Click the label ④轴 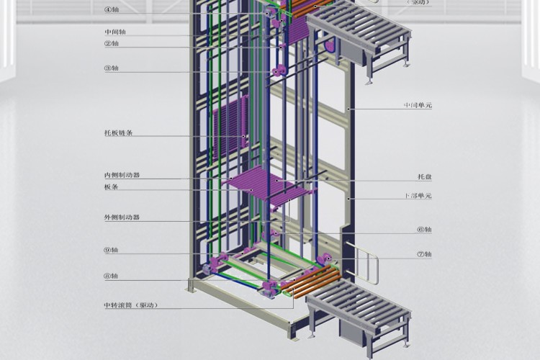pyautogui.click(x=112, y=10)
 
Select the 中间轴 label pyautogui.click(x=114, y=32)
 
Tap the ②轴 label pyautogui.click(x=112, y=43)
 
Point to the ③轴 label pyautogui.click(x=112, y=68)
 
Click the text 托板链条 pyautogui.click(x=118, y=133)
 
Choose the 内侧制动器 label pyautogui.click(x=122, y=175)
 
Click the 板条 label pyautogui.click(x=111, y=186)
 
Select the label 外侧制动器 pyautogui.click(x=122, y=217)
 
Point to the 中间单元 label pyautogui.click(x=418, y=106)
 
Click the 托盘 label pyautogui.click(x=425, y=176)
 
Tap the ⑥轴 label pyautogui.click(x=425, y=230)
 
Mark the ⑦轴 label pyautogui.click(x=425, y=253)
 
